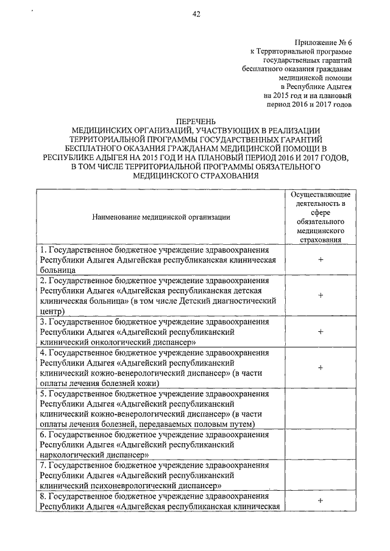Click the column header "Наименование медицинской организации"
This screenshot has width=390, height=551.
pyautogui.click(x=161, y=216)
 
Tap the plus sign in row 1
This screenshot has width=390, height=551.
pyautogui.click(x=320, y=260)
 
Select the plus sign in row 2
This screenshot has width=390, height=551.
pyautogui.click(x=320, y=295)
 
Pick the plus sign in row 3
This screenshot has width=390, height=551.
pyautogui.click(x=320, y=332)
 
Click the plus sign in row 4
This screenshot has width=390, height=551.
pyautogui.click(x=320, y=368)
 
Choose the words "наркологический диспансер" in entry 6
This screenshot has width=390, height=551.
pyautogui.click(x=95, y=454)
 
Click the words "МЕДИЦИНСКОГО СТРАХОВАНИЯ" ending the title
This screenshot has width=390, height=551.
pyautogui.click(x=195, y=175)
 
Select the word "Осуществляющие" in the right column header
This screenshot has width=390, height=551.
pyautogui.click(x=320, y=194)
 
